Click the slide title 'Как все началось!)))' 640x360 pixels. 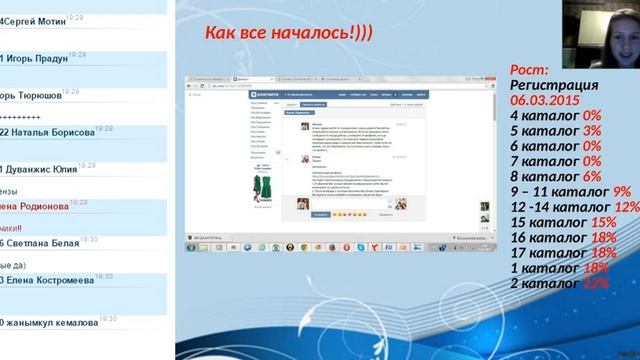[x=289, y=34]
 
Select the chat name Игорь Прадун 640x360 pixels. [x=40, y=58]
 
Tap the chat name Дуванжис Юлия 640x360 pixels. [x=45, y=169]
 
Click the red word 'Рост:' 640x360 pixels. [x=529, y=70]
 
